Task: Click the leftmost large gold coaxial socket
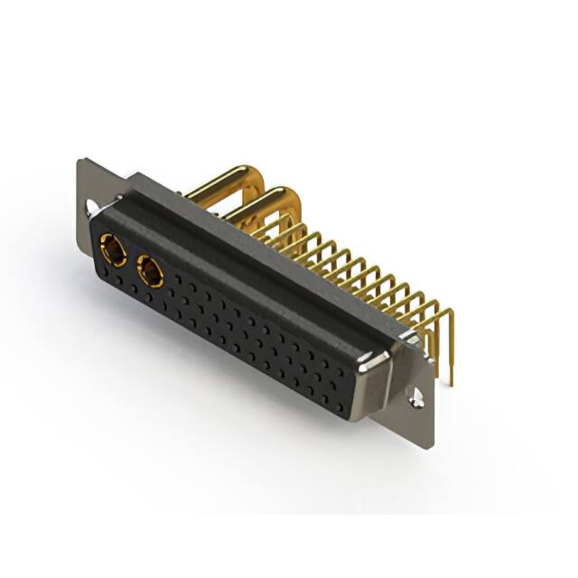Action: [113, 247]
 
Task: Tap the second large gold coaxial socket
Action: [147, 269]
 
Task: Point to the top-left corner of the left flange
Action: [79, 161]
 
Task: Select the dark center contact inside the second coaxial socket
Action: [148, 269]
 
